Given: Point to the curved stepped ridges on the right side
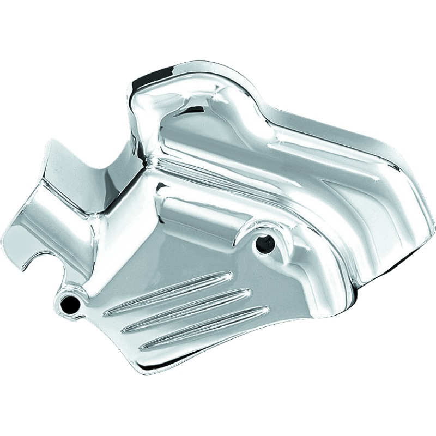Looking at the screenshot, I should [x=349, y=207].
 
